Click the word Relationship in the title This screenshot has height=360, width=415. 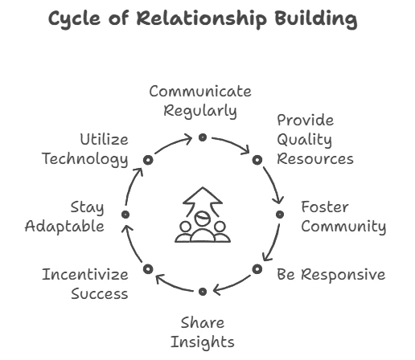point(202,19)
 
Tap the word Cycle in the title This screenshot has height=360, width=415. point(75,19)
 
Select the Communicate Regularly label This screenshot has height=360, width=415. point(200,101)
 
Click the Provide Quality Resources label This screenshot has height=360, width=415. point(315,140)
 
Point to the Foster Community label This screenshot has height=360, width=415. point(343,217)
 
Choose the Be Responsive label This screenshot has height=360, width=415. point(331,275)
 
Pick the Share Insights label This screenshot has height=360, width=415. point(203,333)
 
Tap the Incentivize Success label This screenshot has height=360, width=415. point(85,284)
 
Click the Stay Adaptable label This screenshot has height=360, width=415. point(64,217)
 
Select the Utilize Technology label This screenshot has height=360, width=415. point(85,149)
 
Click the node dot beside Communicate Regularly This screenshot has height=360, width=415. point(203,137)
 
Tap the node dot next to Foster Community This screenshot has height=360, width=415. point(280,215)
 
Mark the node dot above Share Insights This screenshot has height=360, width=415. point(203,292)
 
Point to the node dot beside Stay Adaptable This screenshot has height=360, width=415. point(125,215)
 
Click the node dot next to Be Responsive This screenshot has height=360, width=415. point(257,269)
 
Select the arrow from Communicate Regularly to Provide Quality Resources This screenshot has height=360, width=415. point(232,143)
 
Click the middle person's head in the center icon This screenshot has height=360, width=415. point(203,219)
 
